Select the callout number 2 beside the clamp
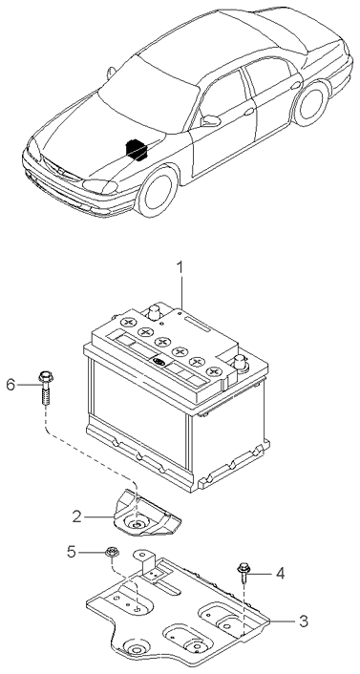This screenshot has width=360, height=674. pos(76,516)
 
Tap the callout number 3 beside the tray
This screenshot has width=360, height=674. pos(304,621)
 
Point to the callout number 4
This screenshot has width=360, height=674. pos(280,573)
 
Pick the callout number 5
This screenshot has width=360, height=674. pos(72,552)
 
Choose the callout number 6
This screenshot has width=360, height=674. pos(11,385)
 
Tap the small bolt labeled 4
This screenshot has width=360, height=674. pos(243,573)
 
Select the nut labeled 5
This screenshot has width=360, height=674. pos(113,552)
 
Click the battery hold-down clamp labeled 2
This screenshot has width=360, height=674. pos(146,515)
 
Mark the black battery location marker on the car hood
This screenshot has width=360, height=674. pos(137,149)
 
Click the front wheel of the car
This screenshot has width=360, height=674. pos(157,191)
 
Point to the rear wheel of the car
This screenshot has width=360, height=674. pos(310,104)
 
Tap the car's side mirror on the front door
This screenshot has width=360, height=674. pos(210,121)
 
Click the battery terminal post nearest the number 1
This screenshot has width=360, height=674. pos(154,311)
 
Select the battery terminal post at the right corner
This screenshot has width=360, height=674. pos(240,363)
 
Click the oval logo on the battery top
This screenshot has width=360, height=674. pos(159,363)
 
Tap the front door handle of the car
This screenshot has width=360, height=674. pos(249,112)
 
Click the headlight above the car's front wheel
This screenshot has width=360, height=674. pos(99,186)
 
